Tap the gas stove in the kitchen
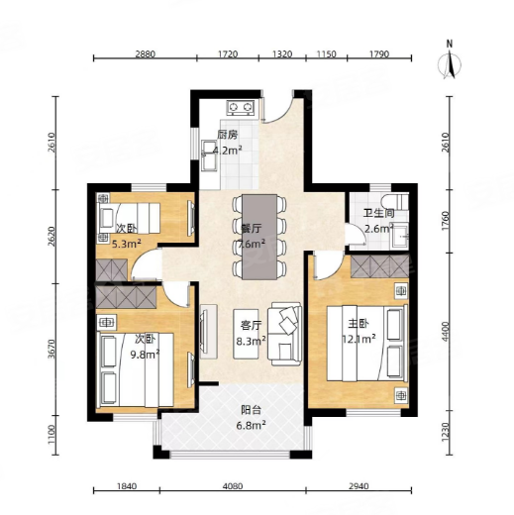tap(240, 107)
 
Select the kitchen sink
tap(209, 156)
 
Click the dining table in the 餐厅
tap(259, 237)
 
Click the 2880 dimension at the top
tap(146, 53)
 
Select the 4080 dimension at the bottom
tap(233, 486)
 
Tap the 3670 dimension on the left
tap(51, 350)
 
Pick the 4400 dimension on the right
tap(446, 332)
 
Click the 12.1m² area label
tap(359, 339)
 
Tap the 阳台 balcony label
tap(251, 410)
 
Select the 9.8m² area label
tap(145, 355)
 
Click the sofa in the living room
tap(284, 335)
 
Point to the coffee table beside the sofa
tap(246, 334)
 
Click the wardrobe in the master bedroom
tap(379, 265)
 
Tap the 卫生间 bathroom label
tap(378, 213)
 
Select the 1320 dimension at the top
tap(282, 53)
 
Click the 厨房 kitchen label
tap(228, 135)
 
